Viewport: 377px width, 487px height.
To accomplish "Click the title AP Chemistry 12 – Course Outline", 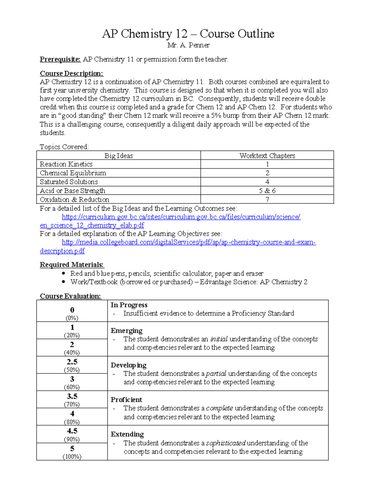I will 188,34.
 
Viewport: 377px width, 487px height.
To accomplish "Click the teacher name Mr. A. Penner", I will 188,45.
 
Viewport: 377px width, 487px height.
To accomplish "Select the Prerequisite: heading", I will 60,59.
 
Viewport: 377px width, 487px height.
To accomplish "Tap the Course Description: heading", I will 71,73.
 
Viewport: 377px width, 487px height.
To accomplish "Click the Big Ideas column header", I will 118,156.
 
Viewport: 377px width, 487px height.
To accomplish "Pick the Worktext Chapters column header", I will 267,156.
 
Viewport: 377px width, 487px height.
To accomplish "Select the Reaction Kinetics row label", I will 66,164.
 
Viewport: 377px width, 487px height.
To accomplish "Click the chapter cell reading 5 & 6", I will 267,191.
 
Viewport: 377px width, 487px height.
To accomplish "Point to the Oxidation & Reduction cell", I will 74,199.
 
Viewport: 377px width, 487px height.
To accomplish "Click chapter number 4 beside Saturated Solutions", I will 267,182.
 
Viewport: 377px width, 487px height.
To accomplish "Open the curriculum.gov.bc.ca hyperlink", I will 181,217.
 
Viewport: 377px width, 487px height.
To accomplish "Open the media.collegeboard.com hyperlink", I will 188,242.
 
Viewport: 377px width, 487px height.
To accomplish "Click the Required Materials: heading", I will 71,265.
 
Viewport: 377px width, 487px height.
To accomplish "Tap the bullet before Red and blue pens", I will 64,273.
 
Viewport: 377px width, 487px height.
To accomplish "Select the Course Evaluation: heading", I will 70,296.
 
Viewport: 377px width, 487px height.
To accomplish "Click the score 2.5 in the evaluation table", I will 72,362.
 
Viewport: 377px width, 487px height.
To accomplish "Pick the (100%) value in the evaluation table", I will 72,457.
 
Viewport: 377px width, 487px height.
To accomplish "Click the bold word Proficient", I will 126,400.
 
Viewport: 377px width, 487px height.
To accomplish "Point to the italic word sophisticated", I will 226,443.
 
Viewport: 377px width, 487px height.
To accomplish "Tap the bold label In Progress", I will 129,305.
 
